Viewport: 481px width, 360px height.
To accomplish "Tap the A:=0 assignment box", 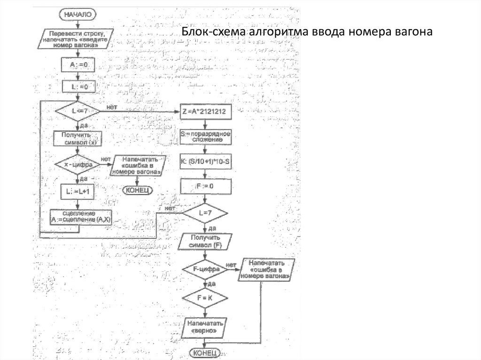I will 78,65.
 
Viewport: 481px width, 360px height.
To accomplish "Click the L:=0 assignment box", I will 78,86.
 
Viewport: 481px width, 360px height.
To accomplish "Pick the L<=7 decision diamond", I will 78,111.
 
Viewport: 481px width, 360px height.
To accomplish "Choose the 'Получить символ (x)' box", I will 78,138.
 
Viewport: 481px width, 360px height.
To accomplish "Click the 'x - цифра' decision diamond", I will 78,165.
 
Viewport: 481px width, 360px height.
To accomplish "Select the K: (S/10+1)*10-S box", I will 205,162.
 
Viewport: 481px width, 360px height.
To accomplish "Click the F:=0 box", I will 205,186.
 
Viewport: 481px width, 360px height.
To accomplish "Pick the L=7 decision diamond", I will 205,213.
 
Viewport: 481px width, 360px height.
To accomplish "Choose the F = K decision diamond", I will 205,298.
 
